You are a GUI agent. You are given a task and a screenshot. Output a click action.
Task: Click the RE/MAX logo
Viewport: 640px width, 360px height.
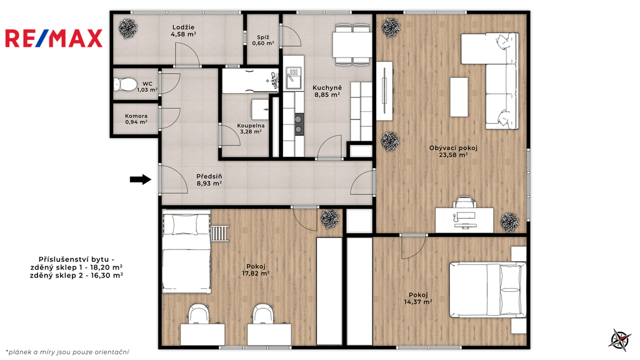54,38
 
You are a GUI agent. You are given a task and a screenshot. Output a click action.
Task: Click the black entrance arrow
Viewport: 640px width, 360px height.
141,179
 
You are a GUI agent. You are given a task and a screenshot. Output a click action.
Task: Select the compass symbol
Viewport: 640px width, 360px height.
620,339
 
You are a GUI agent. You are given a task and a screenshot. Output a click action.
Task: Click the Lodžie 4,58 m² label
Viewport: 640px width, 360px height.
183,31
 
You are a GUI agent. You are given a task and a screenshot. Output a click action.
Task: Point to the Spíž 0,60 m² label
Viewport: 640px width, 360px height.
263,41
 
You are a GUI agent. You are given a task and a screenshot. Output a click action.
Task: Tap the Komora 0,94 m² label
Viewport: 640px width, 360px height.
136,119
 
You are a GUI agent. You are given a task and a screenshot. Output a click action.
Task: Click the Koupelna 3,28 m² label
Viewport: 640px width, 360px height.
251,129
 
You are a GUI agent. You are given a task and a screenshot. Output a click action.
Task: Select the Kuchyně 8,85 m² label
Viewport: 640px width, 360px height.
327,91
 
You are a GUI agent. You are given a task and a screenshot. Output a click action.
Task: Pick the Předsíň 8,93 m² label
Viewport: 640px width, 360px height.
209,180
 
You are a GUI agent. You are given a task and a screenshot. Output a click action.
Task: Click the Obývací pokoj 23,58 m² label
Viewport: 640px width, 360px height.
453,151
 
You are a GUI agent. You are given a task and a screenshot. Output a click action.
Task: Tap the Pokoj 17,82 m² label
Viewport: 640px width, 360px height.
256,270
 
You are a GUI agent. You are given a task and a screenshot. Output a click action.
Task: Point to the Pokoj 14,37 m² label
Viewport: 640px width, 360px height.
418,298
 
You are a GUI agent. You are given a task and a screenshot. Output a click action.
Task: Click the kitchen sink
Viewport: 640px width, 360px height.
294,77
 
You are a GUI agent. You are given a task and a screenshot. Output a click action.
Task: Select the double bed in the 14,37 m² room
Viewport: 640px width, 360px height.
487,290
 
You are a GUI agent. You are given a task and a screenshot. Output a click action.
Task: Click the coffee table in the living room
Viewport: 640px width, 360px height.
459,97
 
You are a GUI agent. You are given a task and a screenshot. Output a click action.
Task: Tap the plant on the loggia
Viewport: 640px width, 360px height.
128,29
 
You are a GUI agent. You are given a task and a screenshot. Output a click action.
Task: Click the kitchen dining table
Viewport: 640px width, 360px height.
352,44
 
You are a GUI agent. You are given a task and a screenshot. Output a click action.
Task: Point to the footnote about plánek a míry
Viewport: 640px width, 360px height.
67,352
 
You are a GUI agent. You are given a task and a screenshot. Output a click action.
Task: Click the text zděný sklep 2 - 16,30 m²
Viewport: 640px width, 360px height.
76,276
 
